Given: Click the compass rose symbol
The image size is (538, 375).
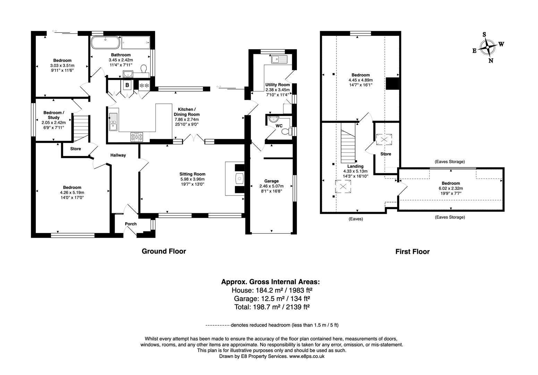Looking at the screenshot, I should pyautogui.click(x=487, y=47).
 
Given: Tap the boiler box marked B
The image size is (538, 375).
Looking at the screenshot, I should pyautogui.click(x=127, y=85).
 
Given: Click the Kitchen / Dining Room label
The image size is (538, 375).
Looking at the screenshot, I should pyautogui.click(x=187, y=111).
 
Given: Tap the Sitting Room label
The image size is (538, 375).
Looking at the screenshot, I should pyautogui.click(x=192, y=174).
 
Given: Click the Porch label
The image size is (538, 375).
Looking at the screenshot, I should pyautogui.click(x=131, y=224).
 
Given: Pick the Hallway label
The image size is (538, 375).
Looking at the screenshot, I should pyautogui.click(x=118, y=155).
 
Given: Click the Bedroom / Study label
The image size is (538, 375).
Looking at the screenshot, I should pyautogui.click(x=53, y=115).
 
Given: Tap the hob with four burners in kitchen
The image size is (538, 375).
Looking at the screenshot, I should pyautogui.click(x=137, y=137).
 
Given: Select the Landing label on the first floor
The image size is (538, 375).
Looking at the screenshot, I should pyautogui.click(x=355, y=166).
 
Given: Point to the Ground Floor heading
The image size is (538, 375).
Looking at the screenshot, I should pyautogui.click(x=164, y=251).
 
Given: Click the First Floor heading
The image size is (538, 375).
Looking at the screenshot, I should pyautogui.click(x=412, y=252).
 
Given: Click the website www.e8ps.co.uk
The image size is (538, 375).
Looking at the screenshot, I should pyautogui.click(x=307, y=356).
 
